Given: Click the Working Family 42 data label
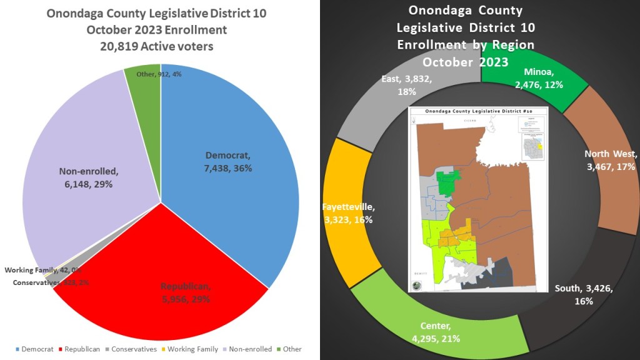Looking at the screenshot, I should click(x=42, y=270).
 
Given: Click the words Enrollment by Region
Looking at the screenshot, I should click(x=466, y=45).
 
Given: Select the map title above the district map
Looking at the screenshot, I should click(x=478, y=111).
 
